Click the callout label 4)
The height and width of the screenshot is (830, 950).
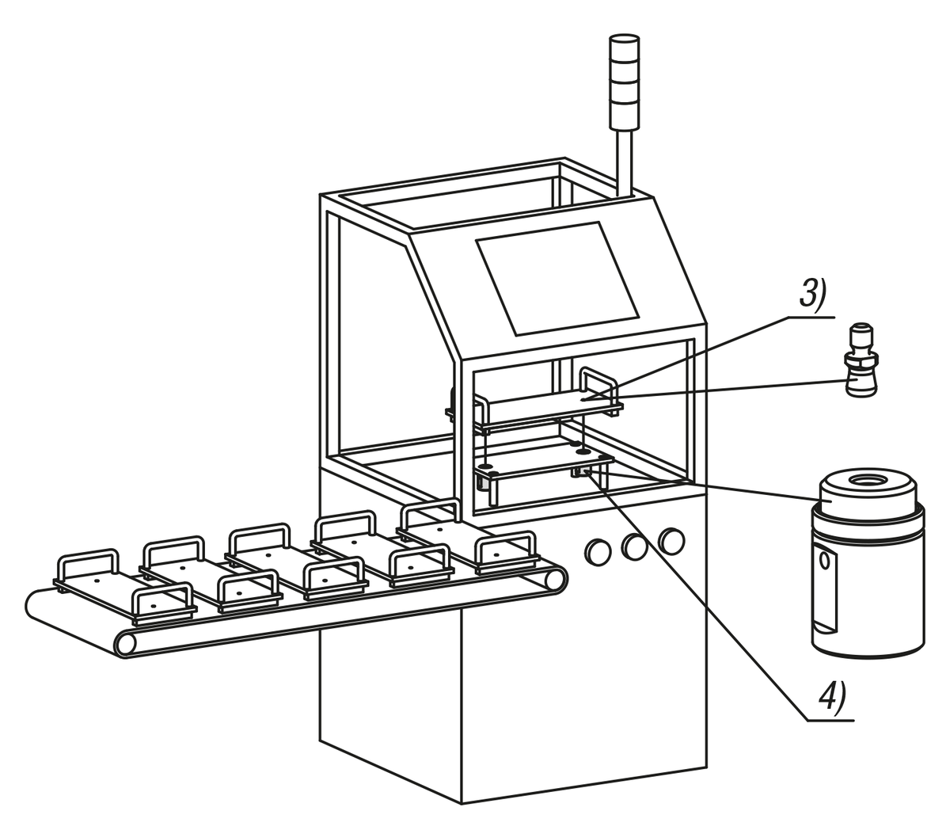pos(832,697)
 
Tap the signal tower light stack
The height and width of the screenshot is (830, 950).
pos(624,82)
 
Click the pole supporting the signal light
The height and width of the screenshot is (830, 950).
pos(624,162)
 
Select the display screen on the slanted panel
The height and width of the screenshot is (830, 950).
pos(557,278)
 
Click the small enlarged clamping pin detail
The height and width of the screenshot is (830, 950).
pos(861,360)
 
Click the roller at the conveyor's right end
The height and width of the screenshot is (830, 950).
pos(556,580)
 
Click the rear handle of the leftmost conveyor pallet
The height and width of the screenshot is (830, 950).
pos(88,565)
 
